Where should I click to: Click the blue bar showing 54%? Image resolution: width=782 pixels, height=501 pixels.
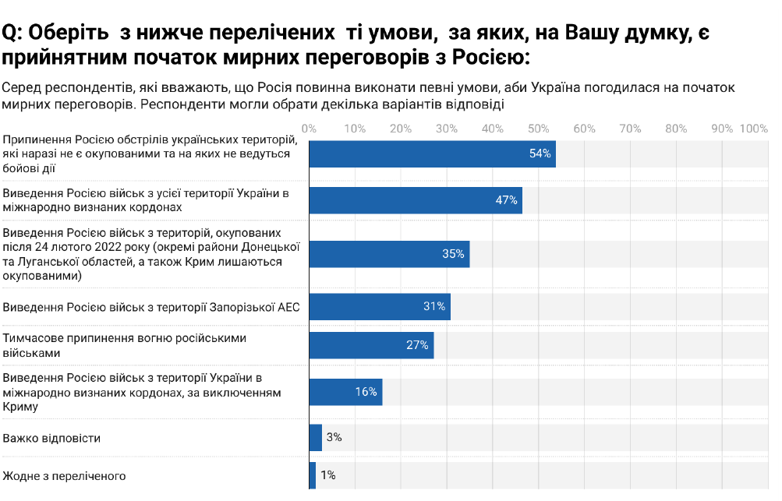coord(432,153)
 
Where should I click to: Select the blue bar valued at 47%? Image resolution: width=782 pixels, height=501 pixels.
coord(416,200)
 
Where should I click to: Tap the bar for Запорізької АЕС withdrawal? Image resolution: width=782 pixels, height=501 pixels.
coord(380,307)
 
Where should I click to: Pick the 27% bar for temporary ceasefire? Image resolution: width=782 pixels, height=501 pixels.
coord(371,345)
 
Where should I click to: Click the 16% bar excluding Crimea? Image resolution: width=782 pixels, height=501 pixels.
coord(345,392)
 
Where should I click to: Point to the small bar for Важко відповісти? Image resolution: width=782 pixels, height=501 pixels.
coord(316,438)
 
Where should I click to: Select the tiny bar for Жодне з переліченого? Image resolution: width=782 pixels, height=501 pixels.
coord(313,475)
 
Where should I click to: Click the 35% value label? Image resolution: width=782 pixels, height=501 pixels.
coord(453,254)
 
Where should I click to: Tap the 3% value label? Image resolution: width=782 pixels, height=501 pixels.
coord(334,438)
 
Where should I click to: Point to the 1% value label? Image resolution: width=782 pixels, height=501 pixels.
coord(328,475)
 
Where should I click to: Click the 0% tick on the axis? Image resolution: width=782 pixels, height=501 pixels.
coord(309,129)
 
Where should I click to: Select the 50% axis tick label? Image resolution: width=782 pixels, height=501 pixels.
coord(538,129)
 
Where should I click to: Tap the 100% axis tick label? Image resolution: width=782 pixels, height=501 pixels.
coord(754,129)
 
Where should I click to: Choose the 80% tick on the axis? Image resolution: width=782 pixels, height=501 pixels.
coord(676,129)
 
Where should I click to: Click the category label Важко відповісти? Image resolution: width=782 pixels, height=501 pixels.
coord(52,438)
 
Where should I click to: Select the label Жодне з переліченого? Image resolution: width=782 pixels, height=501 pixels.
coord(65,475)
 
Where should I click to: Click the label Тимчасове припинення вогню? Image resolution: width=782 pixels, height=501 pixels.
coord(125,338)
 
